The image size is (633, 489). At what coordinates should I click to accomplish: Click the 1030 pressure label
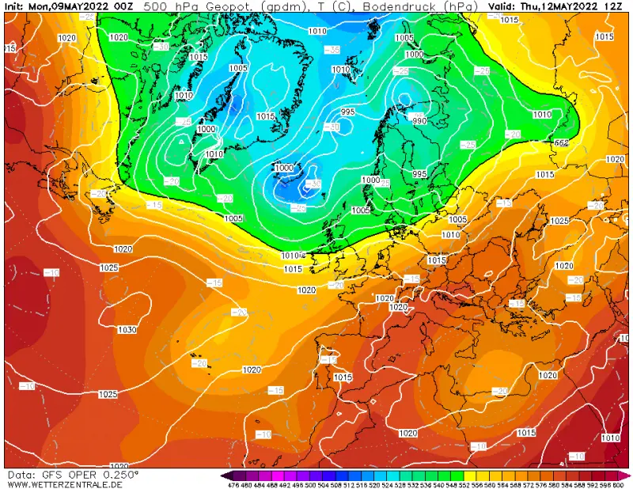[127, 330]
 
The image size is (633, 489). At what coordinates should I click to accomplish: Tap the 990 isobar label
[419, 120]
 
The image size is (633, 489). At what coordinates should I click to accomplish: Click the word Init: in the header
[16, 6]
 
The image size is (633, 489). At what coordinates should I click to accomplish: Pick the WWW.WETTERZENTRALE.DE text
[65, 483]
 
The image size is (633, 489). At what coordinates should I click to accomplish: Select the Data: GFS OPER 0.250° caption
[73, 474]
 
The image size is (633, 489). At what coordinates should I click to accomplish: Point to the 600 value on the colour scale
[618, 484]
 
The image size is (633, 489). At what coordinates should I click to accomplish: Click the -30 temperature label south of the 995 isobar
[332, 127]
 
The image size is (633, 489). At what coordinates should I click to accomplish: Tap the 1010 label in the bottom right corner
[611, 438]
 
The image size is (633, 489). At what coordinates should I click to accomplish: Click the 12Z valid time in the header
[612, 6]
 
